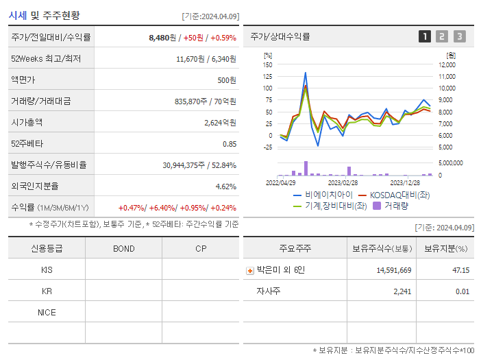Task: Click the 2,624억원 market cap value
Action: coord(220,122)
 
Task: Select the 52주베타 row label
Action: coord(25,143)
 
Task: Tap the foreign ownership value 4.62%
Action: coord(225,186)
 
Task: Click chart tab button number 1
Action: coord(425,36)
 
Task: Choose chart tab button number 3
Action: coord(459,36)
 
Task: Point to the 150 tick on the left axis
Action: coord(267,64)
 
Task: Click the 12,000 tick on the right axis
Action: coord(447,64)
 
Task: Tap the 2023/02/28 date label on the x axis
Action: coord(343,182)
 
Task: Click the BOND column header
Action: coord(123,248)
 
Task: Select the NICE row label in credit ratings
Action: coord(47,313)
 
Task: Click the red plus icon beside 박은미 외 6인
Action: coord(249,270)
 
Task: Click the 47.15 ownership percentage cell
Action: coord(460,270)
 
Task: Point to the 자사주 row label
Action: coord(269,291)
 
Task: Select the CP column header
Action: coord(200,248)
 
